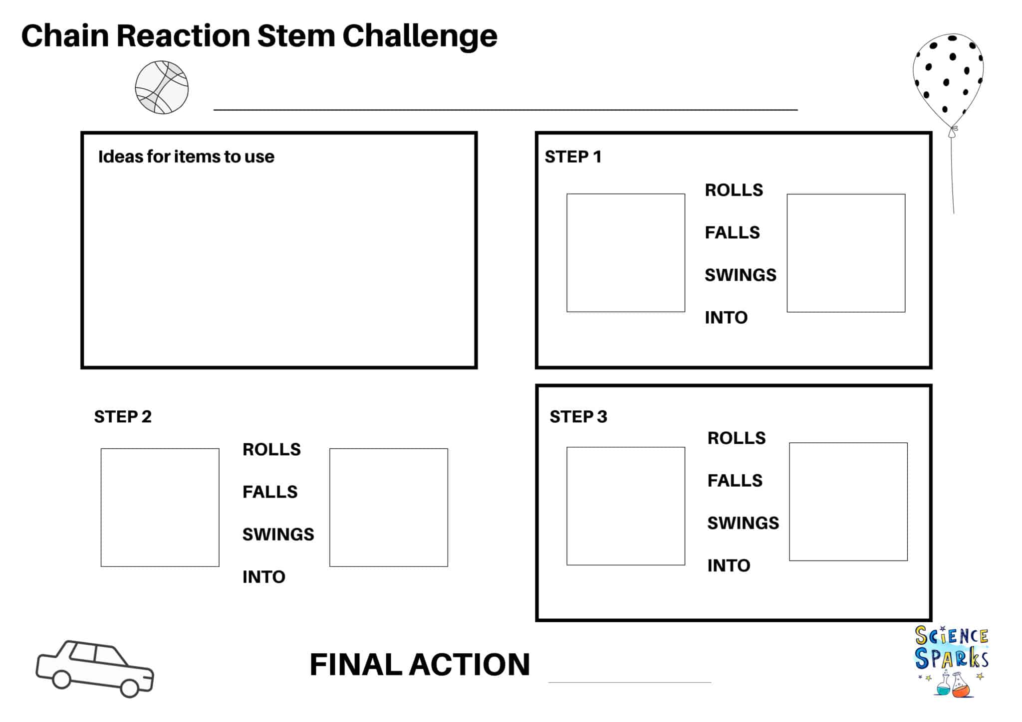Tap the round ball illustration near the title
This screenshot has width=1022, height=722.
click(x=162, y=88)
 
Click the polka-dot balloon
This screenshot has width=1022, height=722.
click(x=948, y=80)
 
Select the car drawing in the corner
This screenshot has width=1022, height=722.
click(x=95, y=668)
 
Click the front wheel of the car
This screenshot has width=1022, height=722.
click(x=129, y=688)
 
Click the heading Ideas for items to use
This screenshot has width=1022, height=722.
click(x=186, y=157)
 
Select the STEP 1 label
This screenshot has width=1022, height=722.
click(x=572, y=157)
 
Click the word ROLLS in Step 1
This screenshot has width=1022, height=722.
click(x=734, y=190)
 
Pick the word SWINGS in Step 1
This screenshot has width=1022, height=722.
click(x=740, y=275)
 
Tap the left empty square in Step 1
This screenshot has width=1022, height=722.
click(x=625, y=253)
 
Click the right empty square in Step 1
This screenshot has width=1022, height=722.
click(x=846, y=253)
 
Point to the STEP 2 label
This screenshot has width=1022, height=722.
click(x=122, y=416)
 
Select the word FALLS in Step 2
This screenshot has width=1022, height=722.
click(x=269, y=492)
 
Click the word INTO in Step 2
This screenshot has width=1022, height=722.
click(x=263, y=577)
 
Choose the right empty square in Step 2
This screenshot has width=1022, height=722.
click(x=388, y=507)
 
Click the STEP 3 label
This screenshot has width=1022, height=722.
click(x=578, y=416)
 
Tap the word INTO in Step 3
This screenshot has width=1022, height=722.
click(x=729, y=565)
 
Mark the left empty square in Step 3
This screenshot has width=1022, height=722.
click(x=625, y=506)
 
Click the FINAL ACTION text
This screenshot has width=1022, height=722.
click(x=419, y=664)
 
